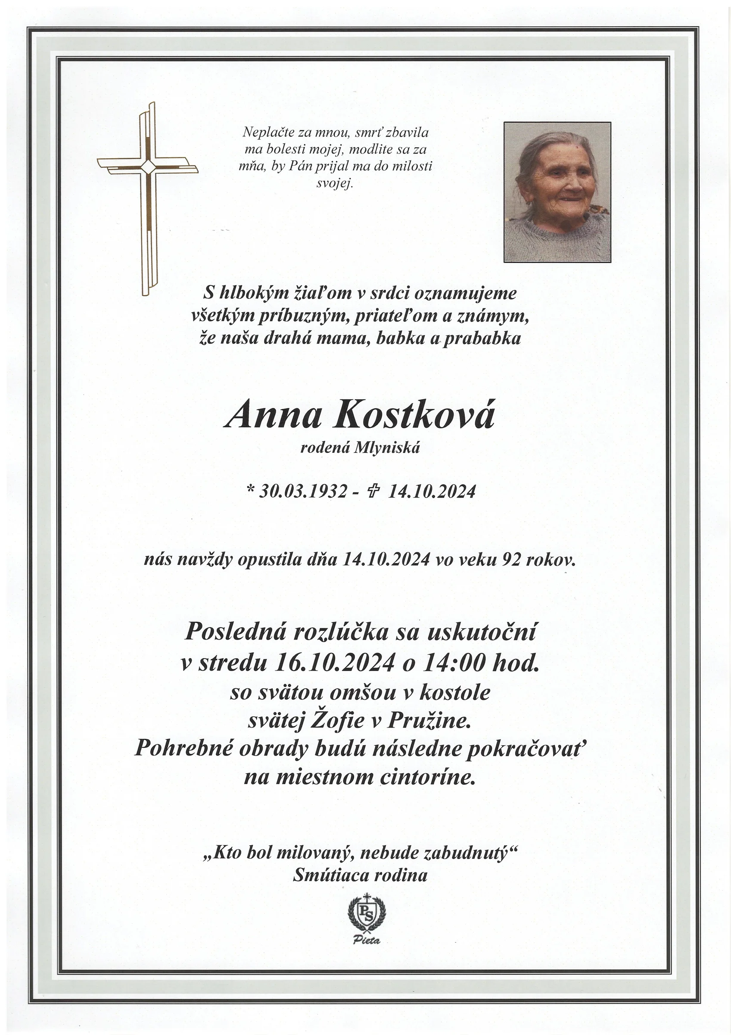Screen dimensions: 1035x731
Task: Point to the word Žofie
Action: pyautogui.click(x=338, y=720)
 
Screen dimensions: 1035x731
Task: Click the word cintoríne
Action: pyautogui.click(x=427, y=777)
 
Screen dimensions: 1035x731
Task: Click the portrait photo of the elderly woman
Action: pyautogui.click(x=557, y=191)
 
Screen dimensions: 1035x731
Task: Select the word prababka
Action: pyautogui.click(x=482, y=338)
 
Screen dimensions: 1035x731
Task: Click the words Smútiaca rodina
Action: pyautogui.click(x=360, y=875)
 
